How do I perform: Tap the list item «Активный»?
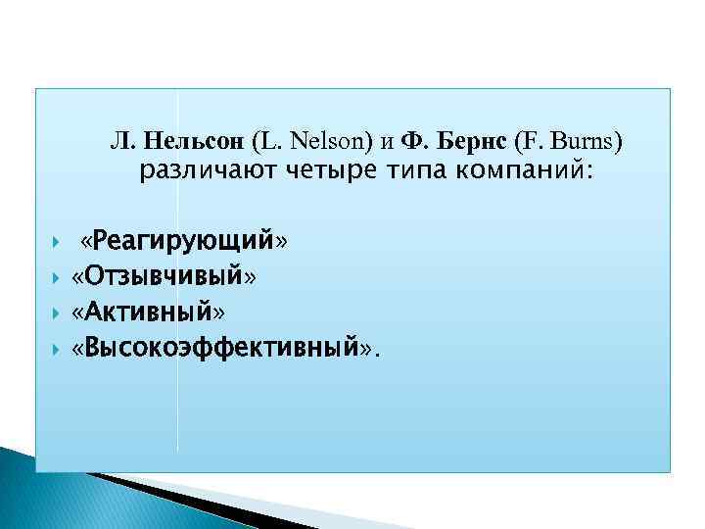(149, 313)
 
